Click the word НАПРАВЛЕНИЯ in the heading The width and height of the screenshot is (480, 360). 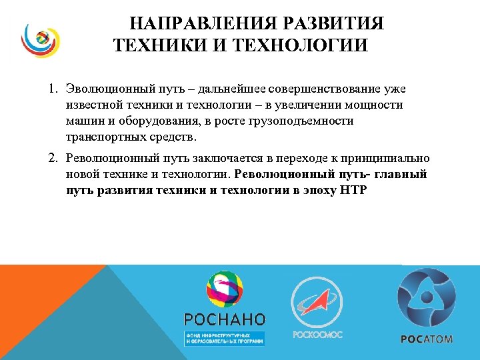pos(193,25)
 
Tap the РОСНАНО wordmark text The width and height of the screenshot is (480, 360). pos(225,319)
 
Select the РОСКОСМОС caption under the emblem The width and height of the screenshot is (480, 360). pos(317,334)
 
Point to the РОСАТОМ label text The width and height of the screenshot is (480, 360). pos(427,339)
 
